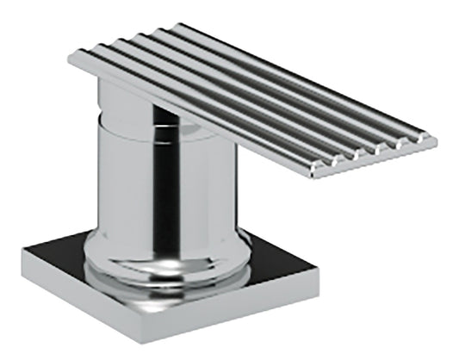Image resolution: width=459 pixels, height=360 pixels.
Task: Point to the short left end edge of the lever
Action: tap(72, 61)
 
